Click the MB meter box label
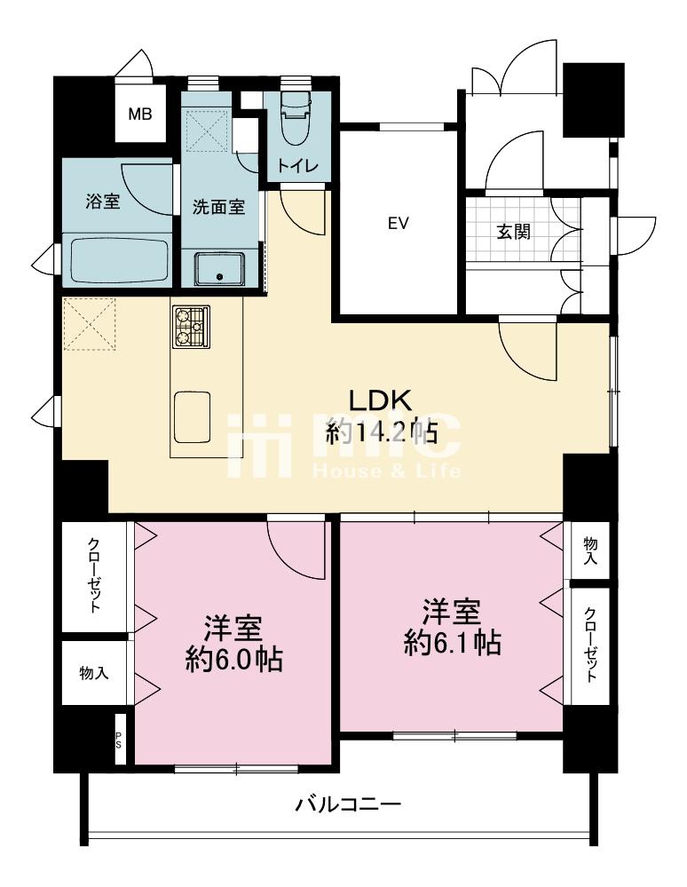(139, 115)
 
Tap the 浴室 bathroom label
(103, 202)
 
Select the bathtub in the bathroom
(120, 260)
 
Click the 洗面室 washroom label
(219, 207)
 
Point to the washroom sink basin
(220, 269)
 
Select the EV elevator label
(398, 224)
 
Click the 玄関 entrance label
(513, 232)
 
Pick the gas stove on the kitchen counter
(191, 327)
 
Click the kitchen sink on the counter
(193, 417)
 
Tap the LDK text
(380, 401)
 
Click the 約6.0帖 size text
(234, 659)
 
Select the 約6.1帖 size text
(453, 643)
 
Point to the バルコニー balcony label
(348, 804)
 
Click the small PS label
(119, 740)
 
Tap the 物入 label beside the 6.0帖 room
(94, 673)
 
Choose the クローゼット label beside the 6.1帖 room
(591, 645)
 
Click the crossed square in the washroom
(208, 131)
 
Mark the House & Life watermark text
(387, 470)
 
